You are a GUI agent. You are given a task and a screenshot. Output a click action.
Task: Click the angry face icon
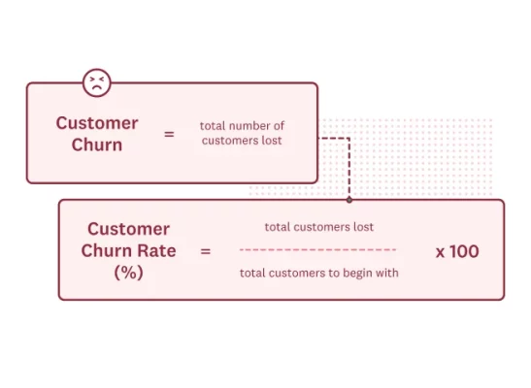(96, 82)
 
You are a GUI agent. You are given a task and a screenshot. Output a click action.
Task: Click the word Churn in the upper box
(97, 145)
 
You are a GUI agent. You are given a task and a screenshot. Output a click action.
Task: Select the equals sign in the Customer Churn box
(169, 134)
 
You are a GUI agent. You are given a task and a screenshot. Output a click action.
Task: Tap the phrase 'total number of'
(243, 126)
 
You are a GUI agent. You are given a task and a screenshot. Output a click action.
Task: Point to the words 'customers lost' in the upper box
(244, 141)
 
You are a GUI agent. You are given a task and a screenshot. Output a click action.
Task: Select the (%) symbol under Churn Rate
(128, 273)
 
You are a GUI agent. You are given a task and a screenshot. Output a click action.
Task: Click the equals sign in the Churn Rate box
(205, 251)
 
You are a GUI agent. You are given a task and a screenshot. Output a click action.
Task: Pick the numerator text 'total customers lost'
(318, 227)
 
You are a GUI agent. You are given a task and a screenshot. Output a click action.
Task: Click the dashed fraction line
(318, 250)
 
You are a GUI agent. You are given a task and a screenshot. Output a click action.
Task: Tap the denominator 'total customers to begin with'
(318, 273)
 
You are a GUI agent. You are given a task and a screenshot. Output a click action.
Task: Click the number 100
(464, 251)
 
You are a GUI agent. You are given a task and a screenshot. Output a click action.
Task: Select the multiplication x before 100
(440, 252)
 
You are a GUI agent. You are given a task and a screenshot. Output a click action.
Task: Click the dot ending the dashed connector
(348, 200)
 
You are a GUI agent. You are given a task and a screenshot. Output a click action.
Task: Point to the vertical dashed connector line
(348, 170)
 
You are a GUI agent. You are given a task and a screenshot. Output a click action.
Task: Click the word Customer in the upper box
(97, 123)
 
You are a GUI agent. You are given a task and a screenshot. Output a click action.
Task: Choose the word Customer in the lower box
(128, 229)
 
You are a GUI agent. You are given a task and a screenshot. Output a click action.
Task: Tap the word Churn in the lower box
(110, 250)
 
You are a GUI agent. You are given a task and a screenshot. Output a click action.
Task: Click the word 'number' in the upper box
(254, 126)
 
